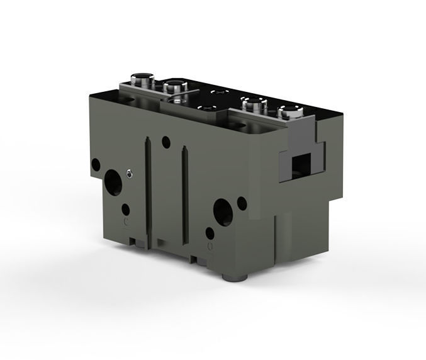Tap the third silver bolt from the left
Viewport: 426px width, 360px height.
coord(253,103)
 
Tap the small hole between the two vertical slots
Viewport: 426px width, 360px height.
coord(166,142)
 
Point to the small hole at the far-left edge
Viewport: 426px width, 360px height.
coord(96,165)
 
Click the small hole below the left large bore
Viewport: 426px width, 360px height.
coord(126,209)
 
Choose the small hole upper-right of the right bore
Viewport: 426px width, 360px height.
coord(242,203)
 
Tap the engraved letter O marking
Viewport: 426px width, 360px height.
coord(210,244)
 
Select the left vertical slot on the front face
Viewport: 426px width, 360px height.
coord(148,189)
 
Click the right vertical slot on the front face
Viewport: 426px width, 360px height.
coord(185,195)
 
